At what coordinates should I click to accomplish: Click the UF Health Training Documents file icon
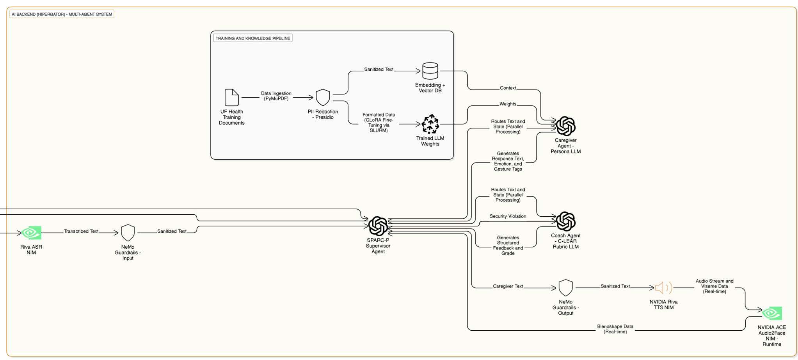pos(231,97)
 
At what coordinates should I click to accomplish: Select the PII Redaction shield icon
pos(323,97)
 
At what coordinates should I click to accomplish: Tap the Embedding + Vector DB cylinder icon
pos(430,71)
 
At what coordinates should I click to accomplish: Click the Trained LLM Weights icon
pos(430,124)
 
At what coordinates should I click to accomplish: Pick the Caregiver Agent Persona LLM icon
pos(565,126)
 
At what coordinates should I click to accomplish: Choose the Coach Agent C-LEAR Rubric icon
pos(565,221)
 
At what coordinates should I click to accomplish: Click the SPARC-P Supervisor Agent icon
pos(378,226)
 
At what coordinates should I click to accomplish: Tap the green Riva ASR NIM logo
pos(31,233)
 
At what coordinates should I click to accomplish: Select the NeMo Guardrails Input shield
pos(128,233)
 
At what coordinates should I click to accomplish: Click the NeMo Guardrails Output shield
pos(565,288)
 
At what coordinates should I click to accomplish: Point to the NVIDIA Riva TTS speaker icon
pos(663,288)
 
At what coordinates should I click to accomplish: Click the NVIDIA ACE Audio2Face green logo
pos(771,313)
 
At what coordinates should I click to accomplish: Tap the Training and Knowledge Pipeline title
pos(253,38)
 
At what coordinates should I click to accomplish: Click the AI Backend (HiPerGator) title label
pos(62,14)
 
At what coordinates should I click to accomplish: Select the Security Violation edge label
pos(508,216)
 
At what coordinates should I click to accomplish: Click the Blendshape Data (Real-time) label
pos(615,329)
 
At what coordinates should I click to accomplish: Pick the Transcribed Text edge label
pos(81,231)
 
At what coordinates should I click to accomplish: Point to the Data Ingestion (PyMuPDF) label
pos(276,96)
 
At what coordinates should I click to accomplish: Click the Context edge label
pos(508,88)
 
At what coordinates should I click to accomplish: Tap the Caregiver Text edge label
pos(508,286)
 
